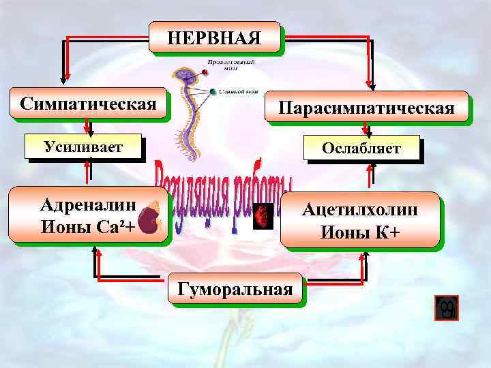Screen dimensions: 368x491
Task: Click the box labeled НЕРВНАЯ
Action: pyautogui.click(x=214, y=36)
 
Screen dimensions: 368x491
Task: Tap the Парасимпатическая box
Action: pyautogui.click(x=366, y=108)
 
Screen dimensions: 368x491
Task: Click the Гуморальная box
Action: pyautogui.click(x=235, y=288)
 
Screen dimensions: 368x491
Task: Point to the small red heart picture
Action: pyautogui.click(x=263, y=217)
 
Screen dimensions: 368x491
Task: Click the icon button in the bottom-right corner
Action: pyautogui.click(x=447, y=309)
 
